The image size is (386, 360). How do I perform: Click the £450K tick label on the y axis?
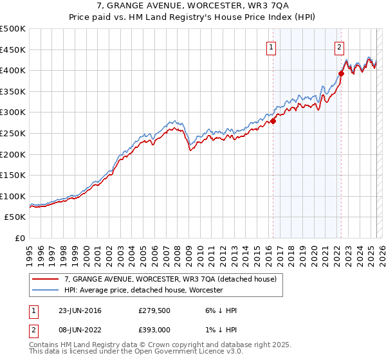(x=13, y=50)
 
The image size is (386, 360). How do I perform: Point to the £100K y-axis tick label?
(x=13, y=196)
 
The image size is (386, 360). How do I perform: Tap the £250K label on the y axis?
(x=13, y=133)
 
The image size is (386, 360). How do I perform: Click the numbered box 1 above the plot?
(x=271, y=46)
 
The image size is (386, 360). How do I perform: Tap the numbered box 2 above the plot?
(x=339, y=46)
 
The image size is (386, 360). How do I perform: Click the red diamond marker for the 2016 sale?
(x=273, y=121)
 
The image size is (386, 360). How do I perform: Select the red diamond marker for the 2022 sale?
(x=341, y=73)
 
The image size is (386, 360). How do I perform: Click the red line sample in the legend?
(x=46, y=279)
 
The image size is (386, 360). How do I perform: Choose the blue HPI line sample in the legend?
(x=46, y=290)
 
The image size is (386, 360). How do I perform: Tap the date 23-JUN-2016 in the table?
(x=80, y=310)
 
